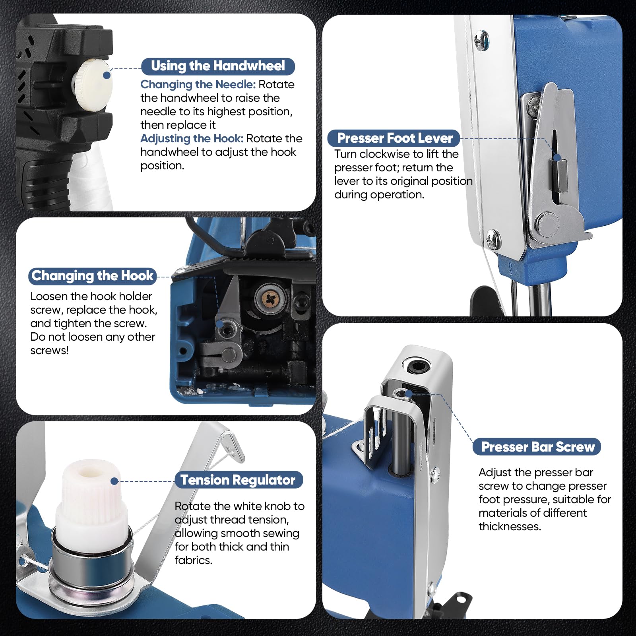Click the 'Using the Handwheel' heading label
[218, 66]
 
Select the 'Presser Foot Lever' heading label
[394, 138]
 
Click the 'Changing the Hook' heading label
[92, 275]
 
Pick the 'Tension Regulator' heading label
[238, 480]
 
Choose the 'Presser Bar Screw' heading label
[538, 447]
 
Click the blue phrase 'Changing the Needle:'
[198, 84]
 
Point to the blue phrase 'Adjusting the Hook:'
[192, 138]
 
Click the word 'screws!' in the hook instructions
[49, 350]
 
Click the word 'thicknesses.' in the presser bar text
[510, 526]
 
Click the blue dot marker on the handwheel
[107, 75]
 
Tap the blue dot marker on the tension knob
[114, 481]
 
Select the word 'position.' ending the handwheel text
[162, 166]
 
